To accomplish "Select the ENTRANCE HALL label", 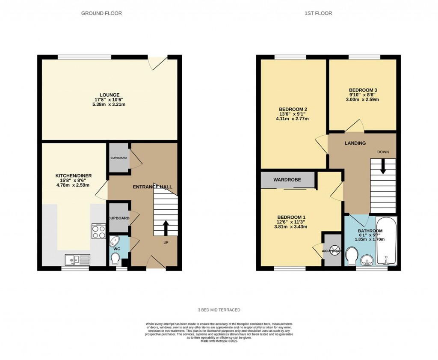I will [x=153, y=187].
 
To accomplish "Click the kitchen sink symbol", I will [x=77, y=259].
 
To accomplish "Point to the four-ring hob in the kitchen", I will [x=99, y=231].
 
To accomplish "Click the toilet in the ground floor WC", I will [x=115, y=259].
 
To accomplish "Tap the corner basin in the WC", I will [x=115, y=241].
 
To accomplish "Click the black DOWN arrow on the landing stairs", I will [x=383, y=166].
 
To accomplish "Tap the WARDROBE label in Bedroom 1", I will [x=288, y=180].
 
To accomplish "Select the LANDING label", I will [x=355, y=143].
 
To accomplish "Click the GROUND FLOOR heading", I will [x=101, y=13].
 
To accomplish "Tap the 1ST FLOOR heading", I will [x=318, y=13].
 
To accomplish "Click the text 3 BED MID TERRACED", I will [x=219, y=309].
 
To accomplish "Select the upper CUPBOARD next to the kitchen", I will [x=118, y=158].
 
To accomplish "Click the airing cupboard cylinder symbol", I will [x=335, y=250].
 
